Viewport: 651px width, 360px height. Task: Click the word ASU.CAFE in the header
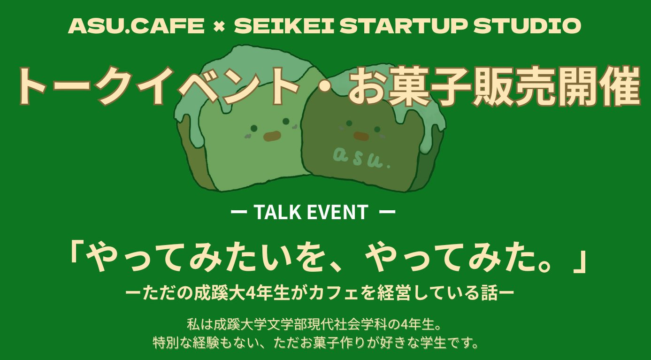coord(136,25)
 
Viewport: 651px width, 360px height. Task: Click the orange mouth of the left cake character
coord(272,136)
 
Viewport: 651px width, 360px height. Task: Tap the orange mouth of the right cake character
coord(361,136)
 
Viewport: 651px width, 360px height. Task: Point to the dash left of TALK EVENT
coord(239,212)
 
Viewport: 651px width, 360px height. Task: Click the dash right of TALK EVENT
coord(387,212)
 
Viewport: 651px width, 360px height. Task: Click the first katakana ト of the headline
coord(32,86)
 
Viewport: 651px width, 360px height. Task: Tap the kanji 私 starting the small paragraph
coord(193,324)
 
